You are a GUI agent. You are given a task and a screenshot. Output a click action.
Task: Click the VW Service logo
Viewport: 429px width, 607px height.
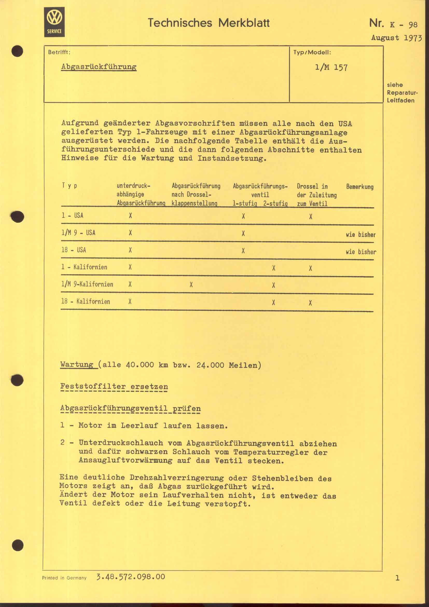coord(54,22)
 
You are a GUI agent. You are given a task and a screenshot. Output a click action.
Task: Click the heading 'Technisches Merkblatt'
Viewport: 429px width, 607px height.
coord(209,23)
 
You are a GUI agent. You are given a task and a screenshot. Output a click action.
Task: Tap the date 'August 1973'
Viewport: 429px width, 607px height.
coord(396,38)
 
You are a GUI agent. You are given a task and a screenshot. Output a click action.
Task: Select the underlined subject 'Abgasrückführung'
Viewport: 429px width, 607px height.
coord(99,67)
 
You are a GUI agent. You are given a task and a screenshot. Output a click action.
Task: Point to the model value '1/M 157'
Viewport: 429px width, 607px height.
coord(331,68)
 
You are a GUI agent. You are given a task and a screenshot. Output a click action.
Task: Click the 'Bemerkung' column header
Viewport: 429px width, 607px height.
coord(359,187)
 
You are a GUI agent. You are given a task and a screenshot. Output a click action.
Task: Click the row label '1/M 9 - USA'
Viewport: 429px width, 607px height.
coord(78,233)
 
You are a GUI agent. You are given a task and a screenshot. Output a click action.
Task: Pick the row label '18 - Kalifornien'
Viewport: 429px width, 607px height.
coord(85,301)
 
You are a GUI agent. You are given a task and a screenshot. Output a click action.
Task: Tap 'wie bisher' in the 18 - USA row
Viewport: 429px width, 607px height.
coord(361,252)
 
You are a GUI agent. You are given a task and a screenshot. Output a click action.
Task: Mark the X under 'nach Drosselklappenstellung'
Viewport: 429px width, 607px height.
coord(191,285)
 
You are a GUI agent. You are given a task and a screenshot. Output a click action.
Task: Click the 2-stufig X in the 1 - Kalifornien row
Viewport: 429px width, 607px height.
coord(274,268)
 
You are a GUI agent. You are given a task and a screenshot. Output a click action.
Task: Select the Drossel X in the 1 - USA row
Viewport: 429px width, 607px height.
coord(311,217)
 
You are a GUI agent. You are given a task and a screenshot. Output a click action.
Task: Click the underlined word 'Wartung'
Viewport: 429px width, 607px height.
coord(77,365)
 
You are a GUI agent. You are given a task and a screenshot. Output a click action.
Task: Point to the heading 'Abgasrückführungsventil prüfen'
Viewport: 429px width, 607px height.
coord(130,408)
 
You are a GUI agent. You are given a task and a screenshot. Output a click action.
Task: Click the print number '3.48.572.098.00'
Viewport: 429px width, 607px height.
coord(131,577)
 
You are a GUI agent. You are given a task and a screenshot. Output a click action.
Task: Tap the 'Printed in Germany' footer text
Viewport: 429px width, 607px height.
coord(64,578)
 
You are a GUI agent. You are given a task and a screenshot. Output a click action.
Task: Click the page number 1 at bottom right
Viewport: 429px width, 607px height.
coord(397,578)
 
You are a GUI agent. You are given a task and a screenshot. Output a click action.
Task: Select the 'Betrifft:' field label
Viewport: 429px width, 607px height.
coord(59,52)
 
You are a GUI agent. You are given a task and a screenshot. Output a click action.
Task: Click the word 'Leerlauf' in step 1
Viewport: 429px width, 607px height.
coord(139,425)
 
